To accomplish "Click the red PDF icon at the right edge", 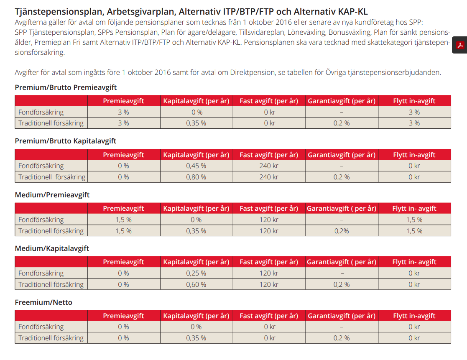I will [x=460, y=45].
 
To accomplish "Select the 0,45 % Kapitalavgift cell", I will [x=196, y=166].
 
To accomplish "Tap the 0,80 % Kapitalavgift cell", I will [x=196, y=177].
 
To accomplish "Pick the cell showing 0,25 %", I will [x=196, y=273].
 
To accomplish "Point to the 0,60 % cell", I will [x=196, y=284].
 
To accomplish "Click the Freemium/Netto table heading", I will [x=43, y=302].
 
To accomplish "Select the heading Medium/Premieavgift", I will [x=52, y=195].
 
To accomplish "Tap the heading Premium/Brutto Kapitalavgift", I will [x=66, y=141].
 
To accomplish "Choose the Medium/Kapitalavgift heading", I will [x=52, y=248].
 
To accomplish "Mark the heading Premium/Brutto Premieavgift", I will [x=66, y=87].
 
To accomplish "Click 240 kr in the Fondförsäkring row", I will [x=269, y=166].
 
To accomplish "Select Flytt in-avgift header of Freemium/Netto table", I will [x=414, y=316].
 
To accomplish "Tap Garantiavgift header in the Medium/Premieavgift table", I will [x=342, y=209].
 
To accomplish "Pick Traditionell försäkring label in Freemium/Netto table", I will [x=51, y=338].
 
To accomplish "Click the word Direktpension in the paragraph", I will [x=252, y=72].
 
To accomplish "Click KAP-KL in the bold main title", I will [x=354, y=12].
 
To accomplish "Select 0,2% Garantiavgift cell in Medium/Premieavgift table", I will [x=342, y=231].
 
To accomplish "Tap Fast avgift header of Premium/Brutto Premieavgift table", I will [x=269, y=101].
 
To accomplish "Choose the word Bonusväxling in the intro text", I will [x=349, y=32].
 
